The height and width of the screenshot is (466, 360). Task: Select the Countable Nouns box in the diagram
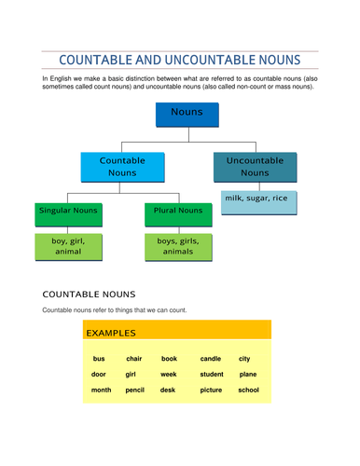coord(122,166)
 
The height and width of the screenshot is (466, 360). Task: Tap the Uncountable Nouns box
coord(255,166)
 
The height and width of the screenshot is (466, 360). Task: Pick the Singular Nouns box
coord(67,212)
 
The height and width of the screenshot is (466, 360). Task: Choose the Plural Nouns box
coord(178,212)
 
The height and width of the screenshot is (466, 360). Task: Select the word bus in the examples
coord(98,359)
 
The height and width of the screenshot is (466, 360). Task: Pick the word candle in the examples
coord(210,359)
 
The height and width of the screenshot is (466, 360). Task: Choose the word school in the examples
coord(248,391)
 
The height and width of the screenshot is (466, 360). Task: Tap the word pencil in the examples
coord(134,391)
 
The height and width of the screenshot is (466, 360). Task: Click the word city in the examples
coord(244,359)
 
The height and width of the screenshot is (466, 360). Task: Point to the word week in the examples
coord(168,375)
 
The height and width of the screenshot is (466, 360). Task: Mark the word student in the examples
coord(212,375)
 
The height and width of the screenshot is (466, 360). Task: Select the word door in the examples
coord(99,375)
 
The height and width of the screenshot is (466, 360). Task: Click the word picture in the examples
coord(211,391)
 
